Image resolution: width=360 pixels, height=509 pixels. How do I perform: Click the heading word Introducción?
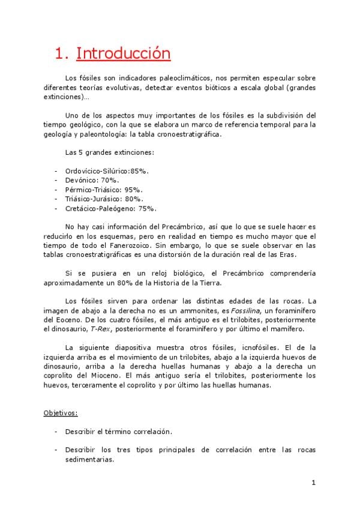[123, 53]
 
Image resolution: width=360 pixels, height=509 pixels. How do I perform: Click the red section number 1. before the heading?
[62, 53]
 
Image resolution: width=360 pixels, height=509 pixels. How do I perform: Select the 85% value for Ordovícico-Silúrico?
[139, 170]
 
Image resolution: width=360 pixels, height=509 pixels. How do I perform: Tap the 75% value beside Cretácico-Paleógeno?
[147, 208]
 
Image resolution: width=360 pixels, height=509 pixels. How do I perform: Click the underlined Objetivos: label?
[60, 414]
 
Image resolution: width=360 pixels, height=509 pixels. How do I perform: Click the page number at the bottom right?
[314, 483]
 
